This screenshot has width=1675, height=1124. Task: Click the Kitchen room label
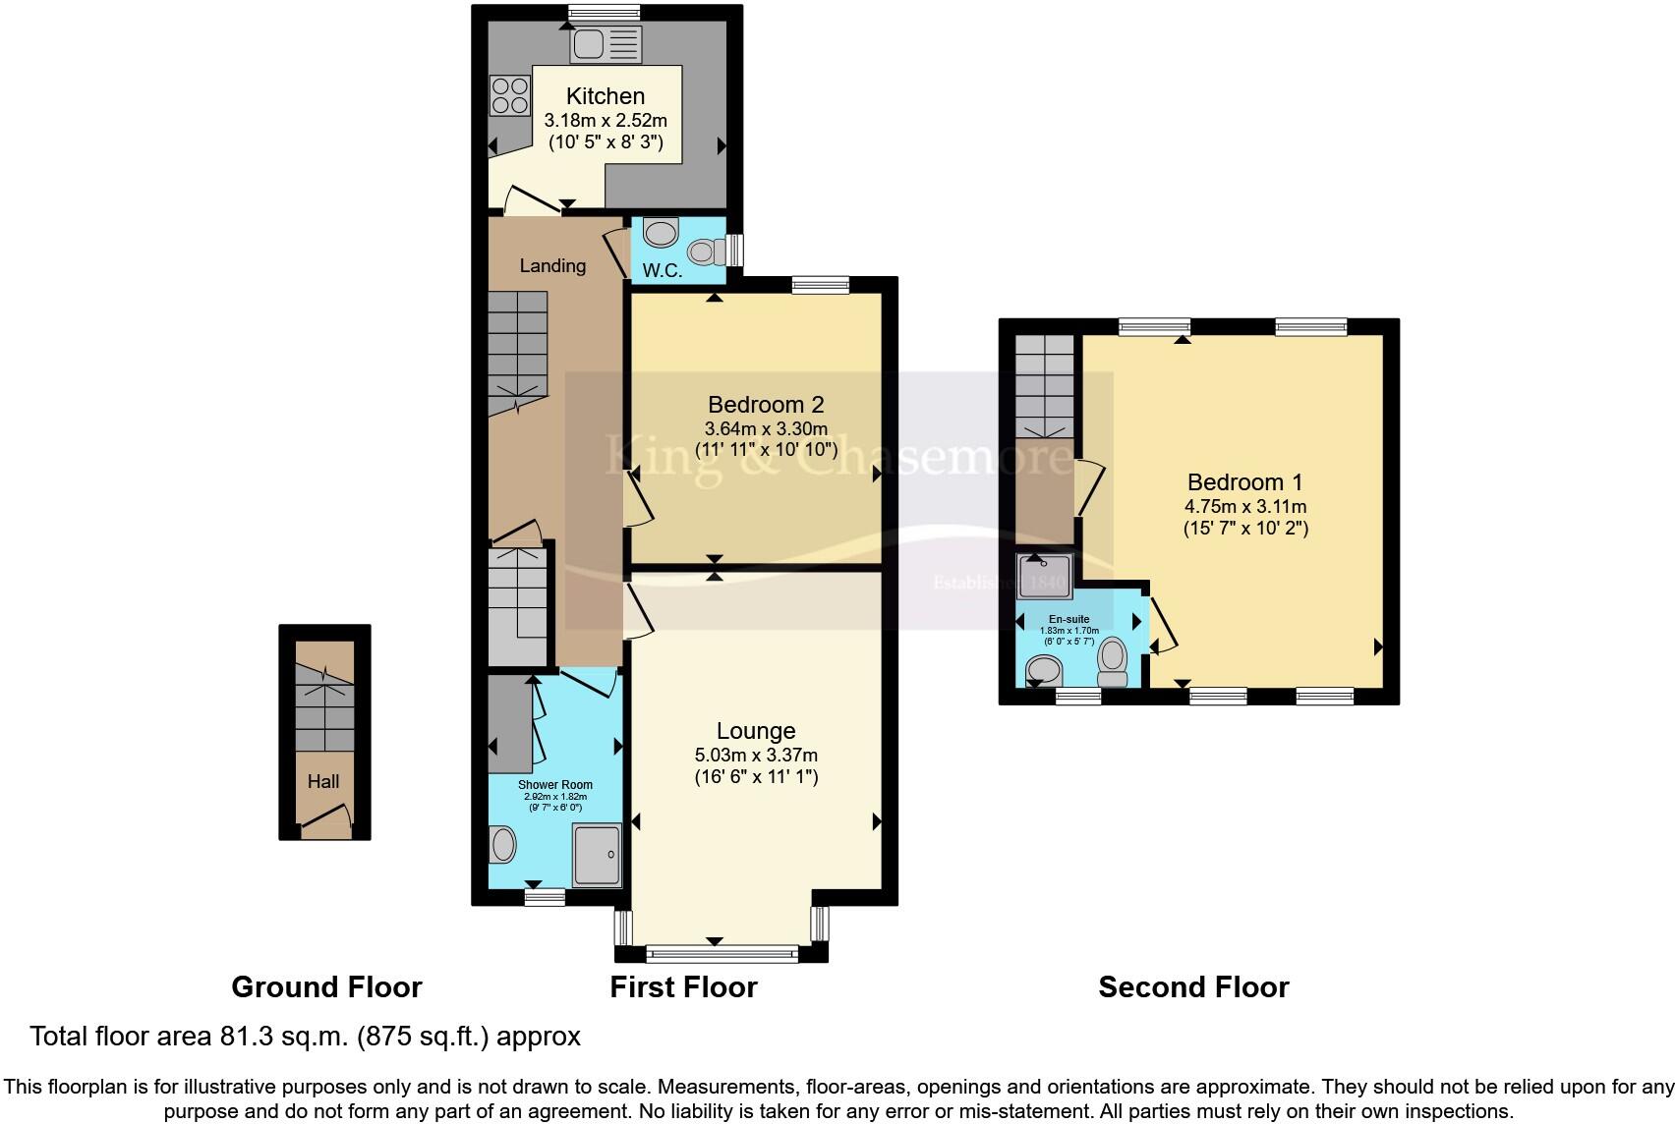tap(606, 96)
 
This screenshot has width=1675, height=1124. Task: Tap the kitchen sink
tap(605, 44)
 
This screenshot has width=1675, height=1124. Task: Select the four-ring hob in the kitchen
tap(509, 95)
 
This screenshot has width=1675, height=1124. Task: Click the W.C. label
tap(663, 270)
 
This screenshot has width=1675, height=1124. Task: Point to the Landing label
tap(552, 265)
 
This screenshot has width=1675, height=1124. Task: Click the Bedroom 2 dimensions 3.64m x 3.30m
tap(766, 428)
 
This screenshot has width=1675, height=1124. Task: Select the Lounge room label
tap(756, 731)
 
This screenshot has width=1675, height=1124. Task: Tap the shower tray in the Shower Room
tap(597, 854)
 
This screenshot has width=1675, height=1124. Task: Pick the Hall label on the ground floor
tap(323, 781)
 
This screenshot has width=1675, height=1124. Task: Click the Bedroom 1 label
tap(1244, 482)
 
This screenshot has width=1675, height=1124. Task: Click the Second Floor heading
tap(1193, 986)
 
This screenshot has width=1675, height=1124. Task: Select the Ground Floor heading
tap(326, 986)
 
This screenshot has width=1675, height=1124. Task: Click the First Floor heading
tap(683, 986)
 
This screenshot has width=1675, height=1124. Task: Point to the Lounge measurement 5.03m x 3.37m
tap(756, 756)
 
